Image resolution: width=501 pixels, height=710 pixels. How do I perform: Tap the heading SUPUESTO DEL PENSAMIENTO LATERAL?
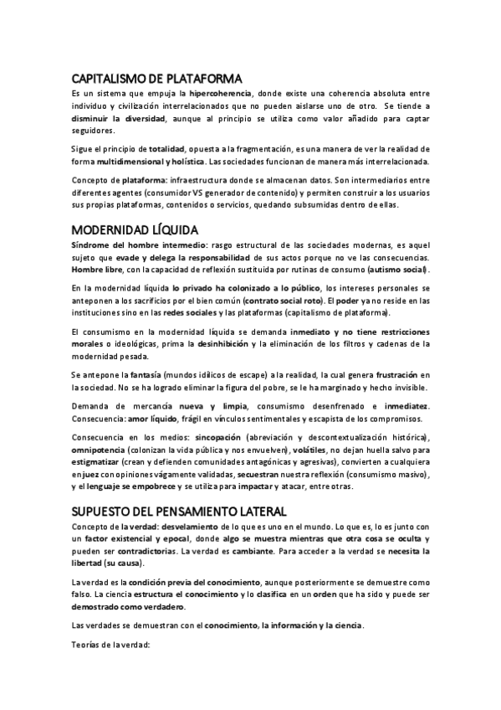pos(178,510)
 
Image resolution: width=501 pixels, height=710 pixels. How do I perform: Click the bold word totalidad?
pos(166,148)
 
